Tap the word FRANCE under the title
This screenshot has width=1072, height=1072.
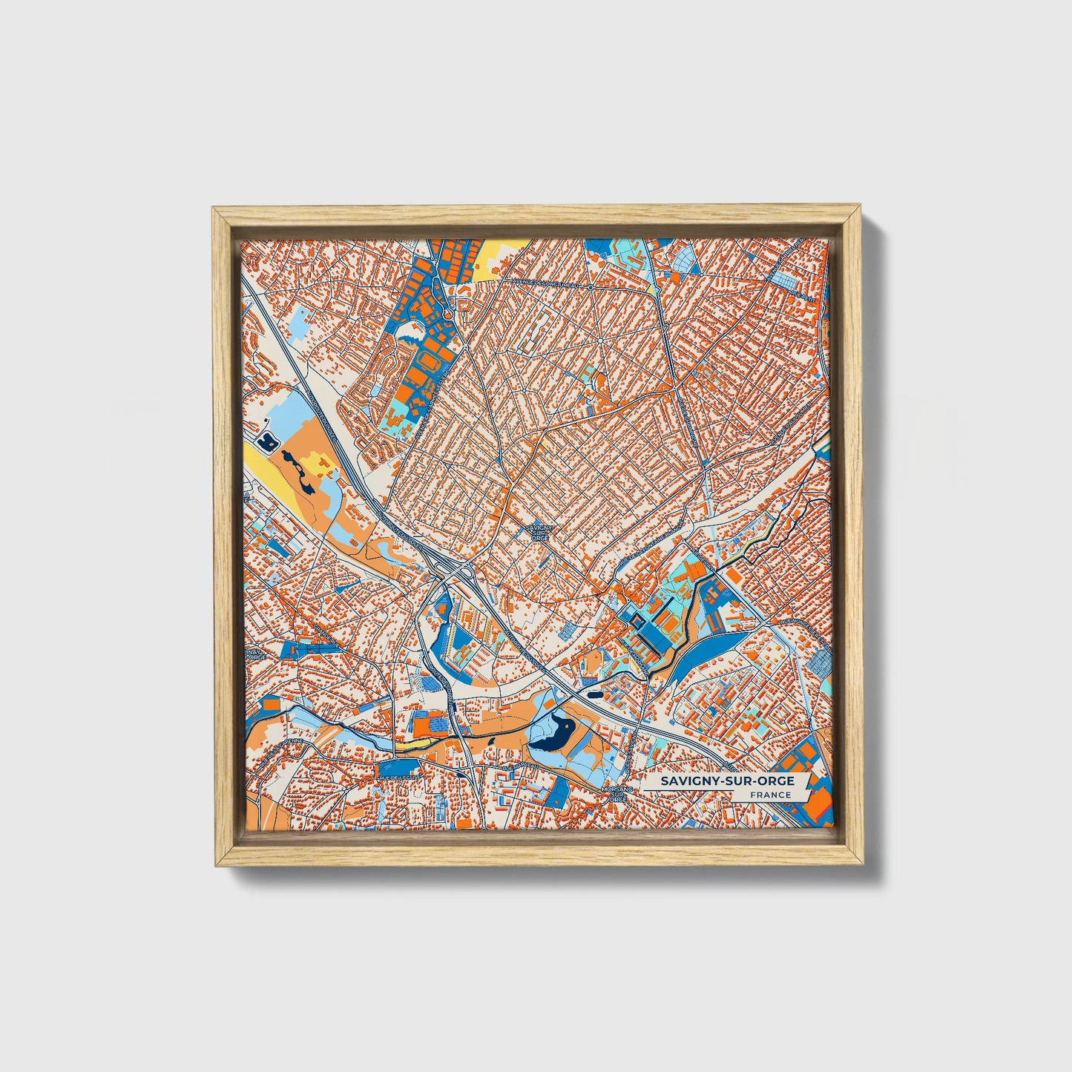(769, 795)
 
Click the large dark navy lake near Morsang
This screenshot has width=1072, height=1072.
(549, 734)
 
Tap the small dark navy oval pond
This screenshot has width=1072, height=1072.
(596, 695)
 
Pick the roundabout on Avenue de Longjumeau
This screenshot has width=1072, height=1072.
(590, 286)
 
